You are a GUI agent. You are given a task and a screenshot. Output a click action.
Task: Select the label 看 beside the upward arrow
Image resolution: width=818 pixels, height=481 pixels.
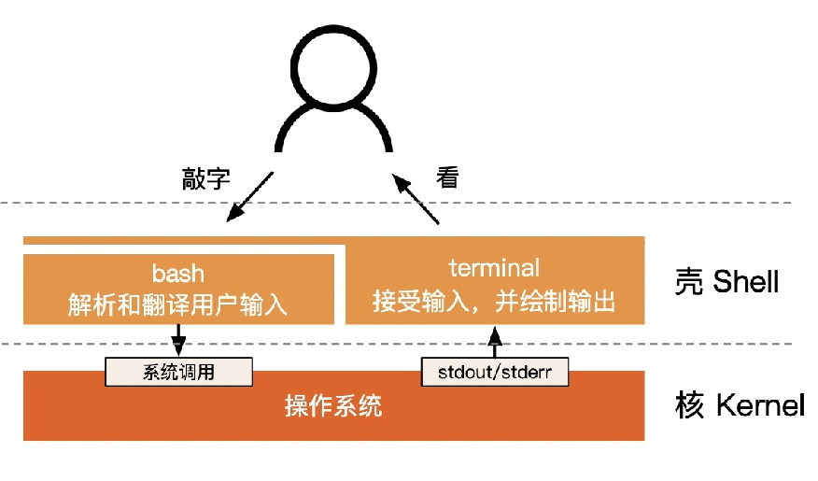point(448,177)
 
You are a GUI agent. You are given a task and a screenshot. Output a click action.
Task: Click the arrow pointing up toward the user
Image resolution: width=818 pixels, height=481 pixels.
point(415,198)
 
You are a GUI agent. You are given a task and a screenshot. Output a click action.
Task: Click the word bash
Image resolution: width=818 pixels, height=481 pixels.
point(178,274)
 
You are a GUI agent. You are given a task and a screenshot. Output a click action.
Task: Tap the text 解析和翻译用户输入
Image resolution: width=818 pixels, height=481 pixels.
point(177,304)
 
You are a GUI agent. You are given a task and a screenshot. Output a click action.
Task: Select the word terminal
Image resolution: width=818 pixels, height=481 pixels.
point(494,269)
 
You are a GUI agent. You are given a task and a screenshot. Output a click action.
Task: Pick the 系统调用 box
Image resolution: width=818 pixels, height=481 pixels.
point(178,372)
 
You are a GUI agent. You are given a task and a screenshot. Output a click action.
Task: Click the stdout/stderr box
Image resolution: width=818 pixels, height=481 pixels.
point(495,372)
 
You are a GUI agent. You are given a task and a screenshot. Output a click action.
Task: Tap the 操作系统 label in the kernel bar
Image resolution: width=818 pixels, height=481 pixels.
point(333,406)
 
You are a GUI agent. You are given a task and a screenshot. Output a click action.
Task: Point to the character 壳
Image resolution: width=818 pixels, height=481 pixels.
point(688,281)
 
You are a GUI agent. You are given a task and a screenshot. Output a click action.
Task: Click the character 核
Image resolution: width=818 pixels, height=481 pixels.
point(688,407)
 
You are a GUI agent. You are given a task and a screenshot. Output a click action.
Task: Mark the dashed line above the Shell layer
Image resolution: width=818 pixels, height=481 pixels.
point(560,204)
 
